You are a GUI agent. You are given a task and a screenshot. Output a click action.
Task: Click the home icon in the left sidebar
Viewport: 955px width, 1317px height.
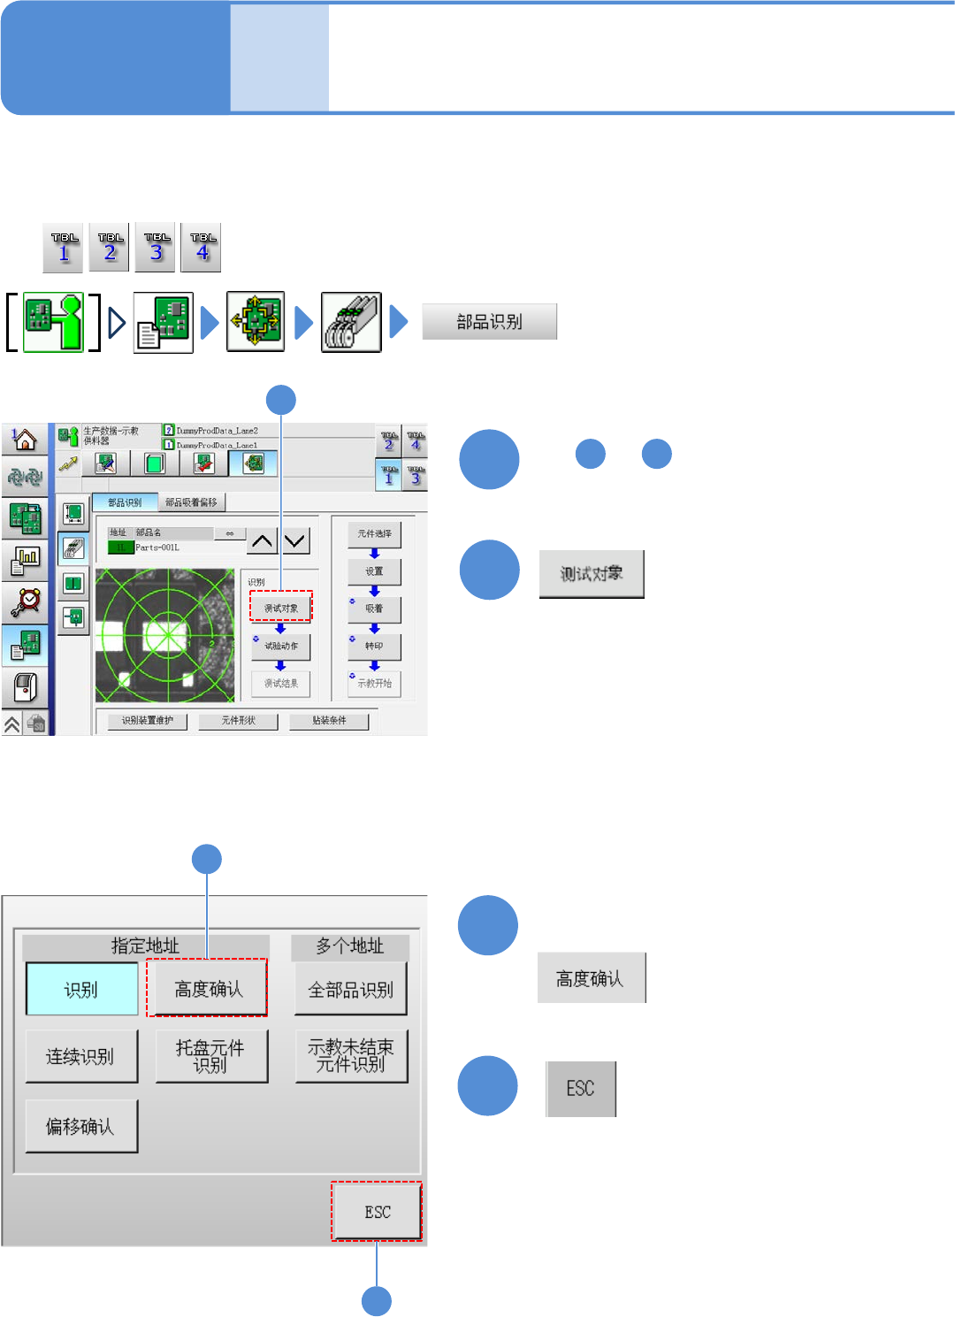25,439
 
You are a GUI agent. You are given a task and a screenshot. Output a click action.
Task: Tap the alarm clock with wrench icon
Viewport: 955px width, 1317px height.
25,601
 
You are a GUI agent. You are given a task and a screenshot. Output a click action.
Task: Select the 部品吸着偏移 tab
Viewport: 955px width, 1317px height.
191,502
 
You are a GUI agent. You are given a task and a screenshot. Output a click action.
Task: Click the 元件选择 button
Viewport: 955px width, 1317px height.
374,534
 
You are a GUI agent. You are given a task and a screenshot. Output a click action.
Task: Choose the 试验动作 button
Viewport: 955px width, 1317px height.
281,647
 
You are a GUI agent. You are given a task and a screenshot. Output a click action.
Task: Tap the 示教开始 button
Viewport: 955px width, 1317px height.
374,684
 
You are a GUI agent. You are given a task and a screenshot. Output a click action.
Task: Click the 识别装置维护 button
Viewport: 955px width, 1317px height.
148,721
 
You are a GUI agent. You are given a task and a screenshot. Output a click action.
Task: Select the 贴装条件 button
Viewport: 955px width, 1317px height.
329,721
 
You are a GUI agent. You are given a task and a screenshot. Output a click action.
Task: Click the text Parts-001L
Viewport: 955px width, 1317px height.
157,547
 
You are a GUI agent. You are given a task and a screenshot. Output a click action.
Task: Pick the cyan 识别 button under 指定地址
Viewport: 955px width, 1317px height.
81,989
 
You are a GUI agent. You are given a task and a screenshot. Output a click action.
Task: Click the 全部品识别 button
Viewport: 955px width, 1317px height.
350,989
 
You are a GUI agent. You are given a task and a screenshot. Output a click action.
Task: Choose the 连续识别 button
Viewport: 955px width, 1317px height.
80,1056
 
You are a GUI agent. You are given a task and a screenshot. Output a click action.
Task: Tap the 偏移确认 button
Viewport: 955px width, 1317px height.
80,1126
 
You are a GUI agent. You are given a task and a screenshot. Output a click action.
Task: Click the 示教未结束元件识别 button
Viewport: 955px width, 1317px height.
351,1056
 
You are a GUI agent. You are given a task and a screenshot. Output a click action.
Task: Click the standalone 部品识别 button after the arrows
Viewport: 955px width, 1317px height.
489,322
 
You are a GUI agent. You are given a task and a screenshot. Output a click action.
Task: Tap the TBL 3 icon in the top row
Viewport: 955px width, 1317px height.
157,248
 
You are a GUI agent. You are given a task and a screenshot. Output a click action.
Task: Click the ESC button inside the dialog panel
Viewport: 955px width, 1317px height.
377,1212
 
